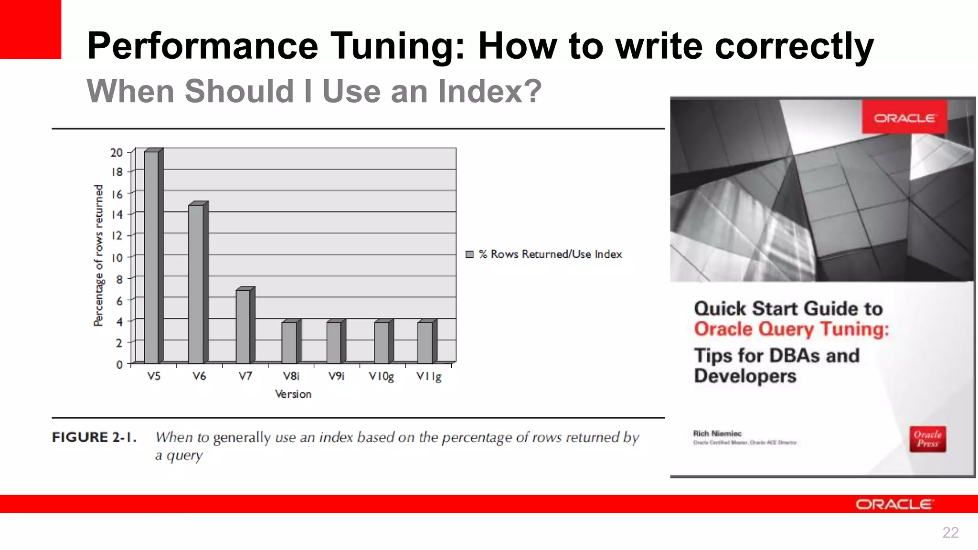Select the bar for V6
[x=196, y=284]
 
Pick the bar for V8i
[x=289, y=342]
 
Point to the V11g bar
[x=425, y=342]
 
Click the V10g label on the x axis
[x=381, y=377]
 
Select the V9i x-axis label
[x=336, y=376]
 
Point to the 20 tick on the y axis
[x=117, y=153]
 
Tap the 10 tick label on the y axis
[x=117, y=258]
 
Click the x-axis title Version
[x=293, y=394]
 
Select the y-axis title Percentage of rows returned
[x=98, y=255]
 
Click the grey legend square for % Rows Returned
[x=469, y=254]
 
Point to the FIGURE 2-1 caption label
[x=94, y=437]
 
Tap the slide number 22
[x=950, y=532]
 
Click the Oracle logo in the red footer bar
[x=894, y=504]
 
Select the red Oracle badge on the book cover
[x=904, y=117]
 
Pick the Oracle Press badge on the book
[x=927, y=439]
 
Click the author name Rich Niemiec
[x=717, y=434]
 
